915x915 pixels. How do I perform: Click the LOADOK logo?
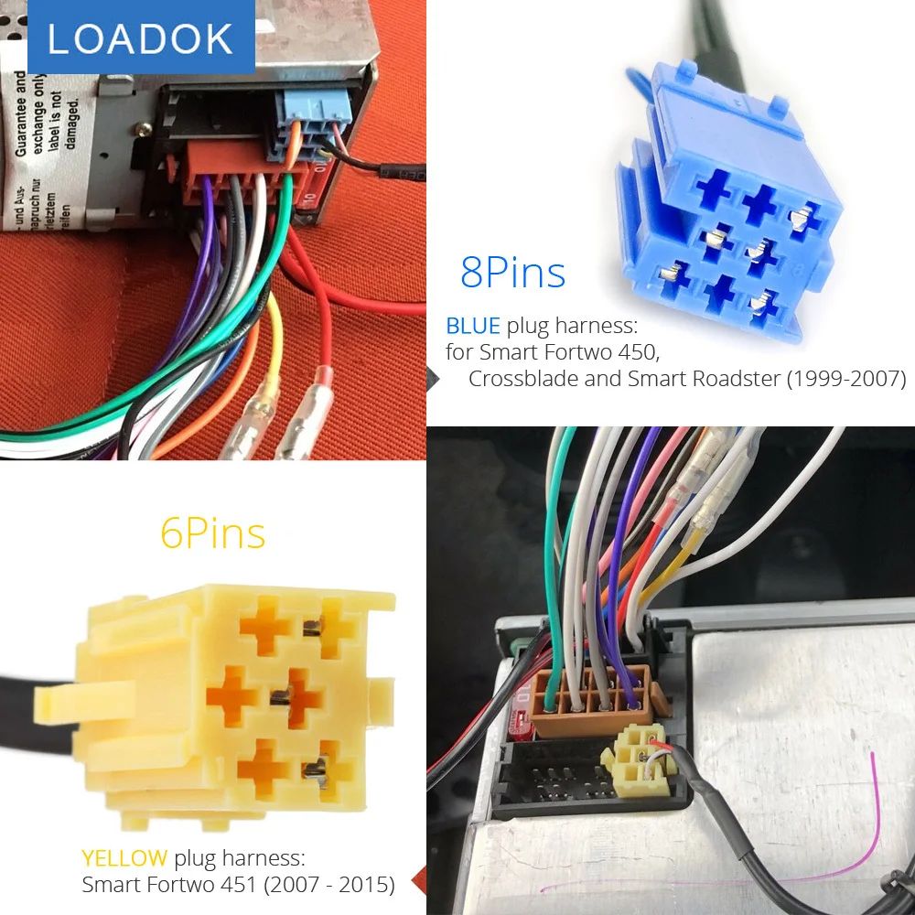(x=140, y=38)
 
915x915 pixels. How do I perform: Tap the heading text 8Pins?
(x=512, y=273)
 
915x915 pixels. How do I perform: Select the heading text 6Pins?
(x=213, y=533)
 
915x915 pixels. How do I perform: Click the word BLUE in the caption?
(x=473, y=326)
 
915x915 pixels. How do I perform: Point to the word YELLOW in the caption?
(x=124, y=858)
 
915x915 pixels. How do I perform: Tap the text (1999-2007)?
(x=846, y=379)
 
